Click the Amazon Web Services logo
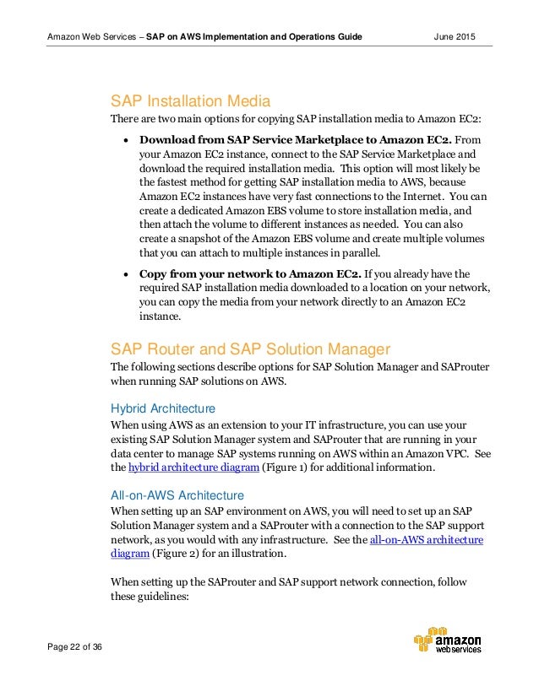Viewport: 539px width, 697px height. coord(447,642)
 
